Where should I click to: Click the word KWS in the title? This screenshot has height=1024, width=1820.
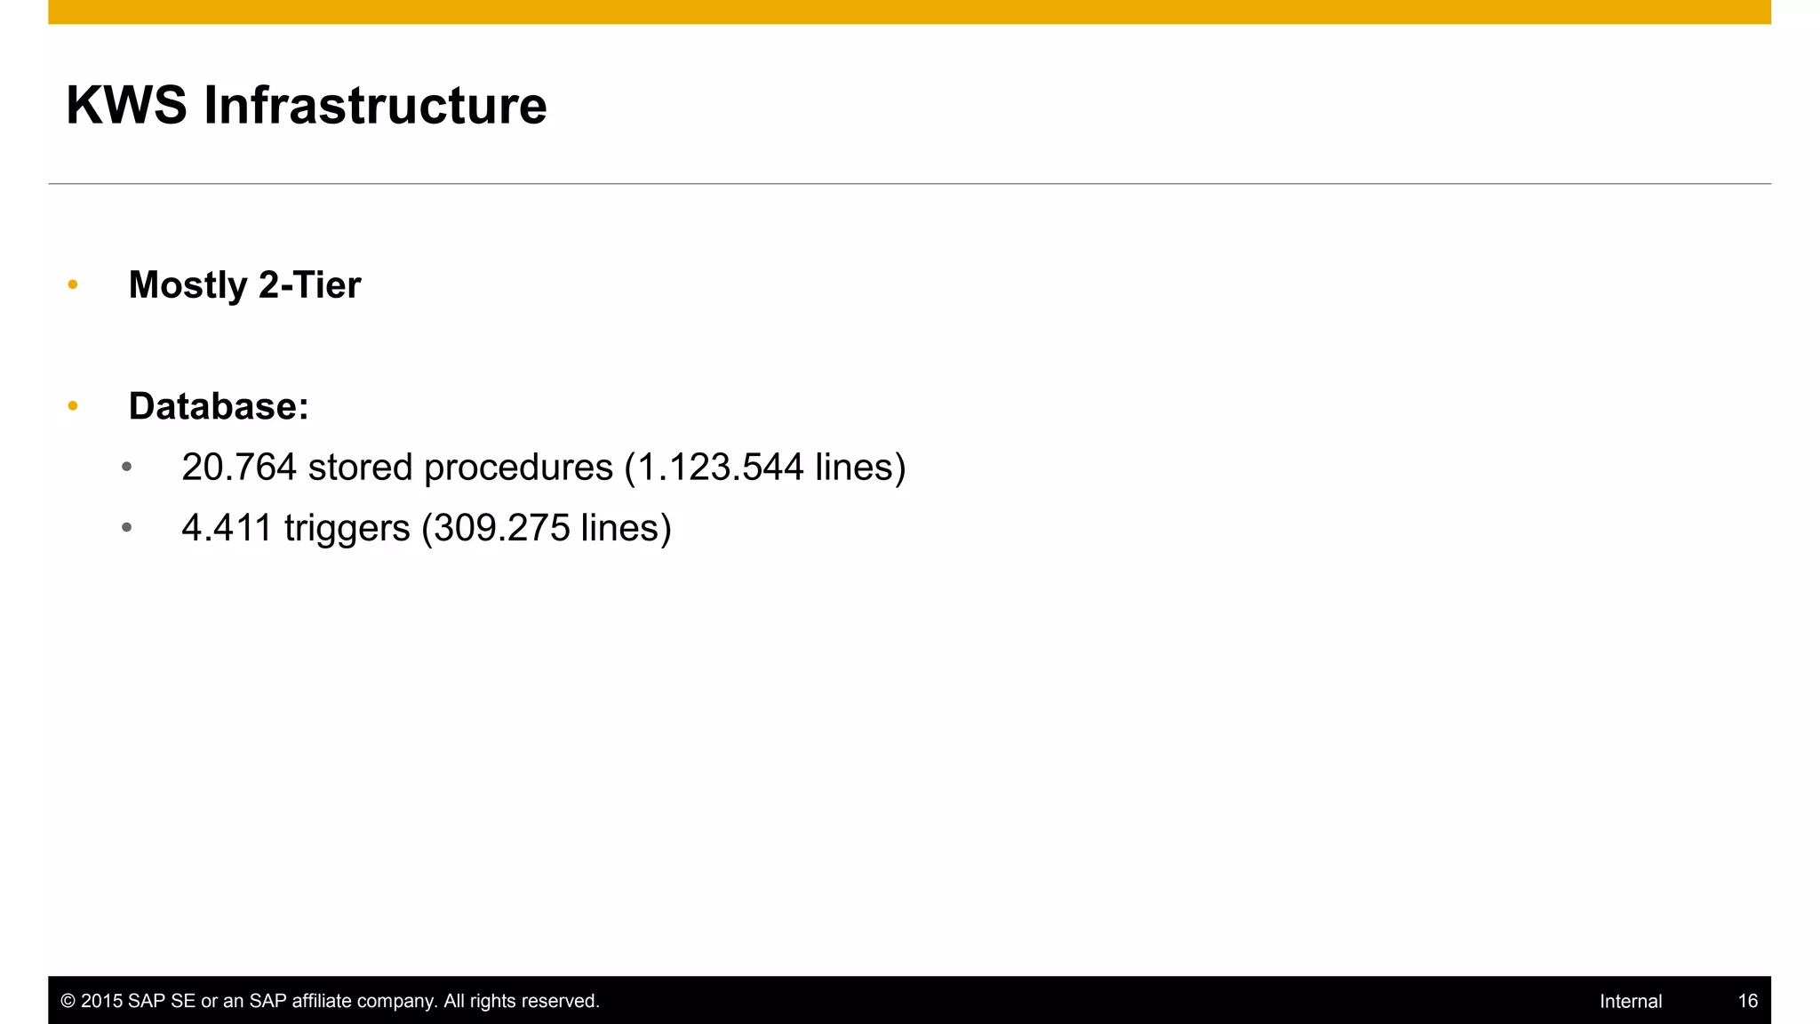tap(126, 106)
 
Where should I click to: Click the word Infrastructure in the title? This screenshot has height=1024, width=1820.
tap(375, 106)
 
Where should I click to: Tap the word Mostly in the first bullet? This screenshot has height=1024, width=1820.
tap(188, 286)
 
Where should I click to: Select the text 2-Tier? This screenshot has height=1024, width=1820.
tap(310, 286)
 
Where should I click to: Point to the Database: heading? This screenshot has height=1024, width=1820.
tap(219, 407)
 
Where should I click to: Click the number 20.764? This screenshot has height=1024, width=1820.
tap(239, 468)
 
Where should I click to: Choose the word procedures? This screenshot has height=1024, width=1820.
tap(518, 468)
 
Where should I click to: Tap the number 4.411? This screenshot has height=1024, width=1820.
tap(227, 528)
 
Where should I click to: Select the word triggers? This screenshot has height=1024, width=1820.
tap(347, 529)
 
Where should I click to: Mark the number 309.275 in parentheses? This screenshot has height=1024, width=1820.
tap(502, 528)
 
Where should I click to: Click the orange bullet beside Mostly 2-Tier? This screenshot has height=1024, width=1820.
tap(73, 285)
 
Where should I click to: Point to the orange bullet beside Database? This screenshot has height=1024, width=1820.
tap(73, 407)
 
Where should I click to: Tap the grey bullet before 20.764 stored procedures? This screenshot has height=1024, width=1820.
tap(127, 467)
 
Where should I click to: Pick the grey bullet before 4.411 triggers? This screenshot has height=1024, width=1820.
tap(127, 528)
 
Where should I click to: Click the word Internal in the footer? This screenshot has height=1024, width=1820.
tap(1630, 1002)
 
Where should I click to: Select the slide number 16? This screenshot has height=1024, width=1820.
tap(1747, 1002)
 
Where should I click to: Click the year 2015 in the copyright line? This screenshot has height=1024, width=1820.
tap(101, 1002)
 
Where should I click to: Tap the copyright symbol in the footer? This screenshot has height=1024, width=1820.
tap(68, 1002)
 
